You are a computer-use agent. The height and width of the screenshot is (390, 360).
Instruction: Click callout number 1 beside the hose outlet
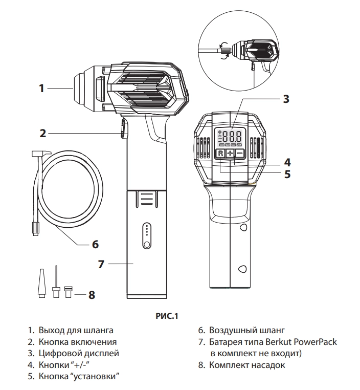click(42, 89)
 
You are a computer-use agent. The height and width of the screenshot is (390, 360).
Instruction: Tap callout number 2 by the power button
click(43, 133)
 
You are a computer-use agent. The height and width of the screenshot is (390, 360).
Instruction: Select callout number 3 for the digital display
click(286, 99)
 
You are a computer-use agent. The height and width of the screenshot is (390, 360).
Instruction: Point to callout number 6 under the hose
click(95, 244)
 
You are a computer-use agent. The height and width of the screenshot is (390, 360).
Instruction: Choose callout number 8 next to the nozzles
click(92, 294)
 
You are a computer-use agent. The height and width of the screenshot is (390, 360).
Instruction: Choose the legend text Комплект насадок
click(247, 365)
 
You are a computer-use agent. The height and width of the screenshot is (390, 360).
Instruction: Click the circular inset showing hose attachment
click(240, 52)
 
